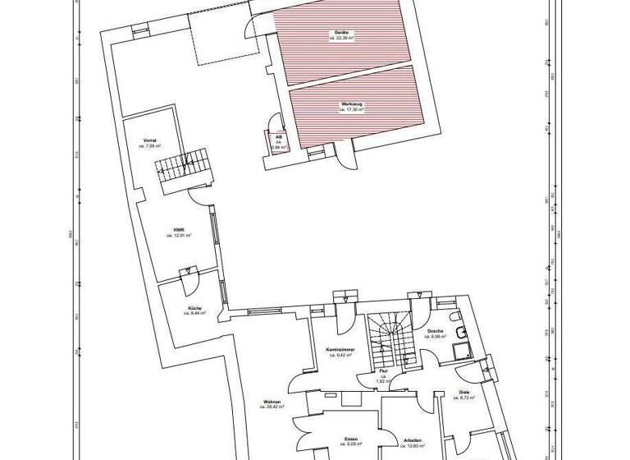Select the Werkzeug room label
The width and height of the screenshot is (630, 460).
pos(353,104)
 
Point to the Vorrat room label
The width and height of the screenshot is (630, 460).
pos(149,140)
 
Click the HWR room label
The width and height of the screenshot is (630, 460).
pos(178,230)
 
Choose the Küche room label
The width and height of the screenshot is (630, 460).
pos(194,307)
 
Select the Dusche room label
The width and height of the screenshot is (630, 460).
pos(435,330)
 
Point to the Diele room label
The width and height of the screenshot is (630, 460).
pos(464,392)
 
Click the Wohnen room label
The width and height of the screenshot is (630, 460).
pos(273,402)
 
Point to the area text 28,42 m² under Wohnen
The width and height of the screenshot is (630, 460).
pos(273,407)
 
